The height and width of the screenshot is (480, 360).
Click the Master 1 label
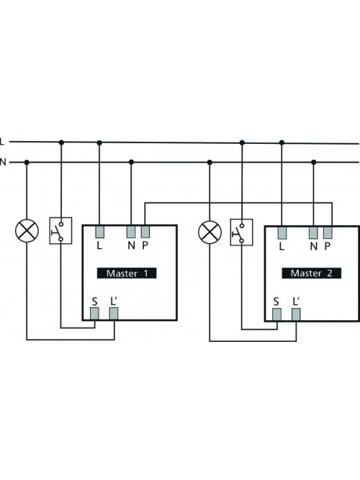[x=127, y=273]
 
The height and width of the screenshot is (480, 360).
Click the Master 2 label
[x=311, y=273]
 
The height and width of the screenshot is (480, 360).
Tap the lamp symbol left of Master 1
[x=27, y=230]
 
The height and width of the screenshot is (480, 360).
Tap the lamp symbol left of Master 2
[x=210, y=232]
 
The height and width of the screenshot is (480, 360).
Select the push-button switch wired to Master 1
[x=61, y=231]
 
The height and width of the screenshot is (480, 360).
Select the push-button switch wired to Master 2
[x=242, y=232]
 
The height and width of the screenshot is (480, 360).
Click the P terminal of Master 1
[x=145, y=232]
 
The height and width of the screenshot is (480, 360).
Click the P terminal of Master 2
[x=328, y=233]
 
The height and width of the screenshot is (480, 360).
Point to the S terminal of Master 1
[x=94, y=314]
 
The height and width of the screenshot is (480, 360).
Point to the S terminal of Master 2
[x=276, y=314]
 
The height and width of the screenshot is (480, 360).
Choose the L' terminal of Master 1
[x=114, y=314]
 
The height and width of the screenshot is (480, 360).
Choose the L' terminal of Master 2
[x=296, y=314]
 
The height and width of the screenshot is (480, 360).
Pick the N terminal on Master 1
[x=131, y=232]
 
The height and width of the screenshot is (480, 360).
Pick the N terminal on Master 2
[x=313, y=233]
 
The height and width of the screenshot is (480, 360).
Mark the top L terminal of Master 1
[x=100, y=232]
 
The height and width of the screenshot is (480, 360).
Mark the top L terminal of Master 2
[x=282, y=233]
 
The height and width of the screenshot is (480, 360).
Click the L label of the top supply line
[x=2, y=142]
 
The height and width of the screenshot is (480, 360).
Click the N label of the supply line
[x=3, y=162]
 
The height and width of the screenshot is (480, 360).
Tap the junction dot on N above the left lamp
[x=27, y=162]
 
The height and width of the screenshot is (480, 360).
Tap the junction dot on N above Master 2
[x=313, y=162]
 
